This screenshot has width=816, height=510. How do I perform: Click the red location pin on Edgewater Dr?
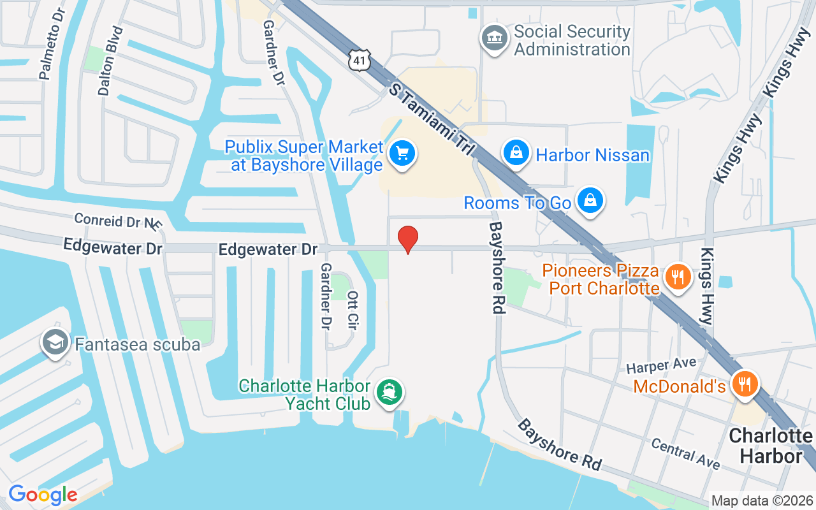tap(408, 239)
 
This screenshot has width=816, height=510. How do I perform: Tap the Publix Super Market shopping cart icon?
tap(402, 154)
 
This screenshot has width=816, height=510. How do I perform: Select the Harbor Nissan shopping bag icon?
tap(516, 153)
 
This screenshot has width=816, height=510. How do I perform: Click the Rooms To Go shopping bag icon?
tap(590, 201)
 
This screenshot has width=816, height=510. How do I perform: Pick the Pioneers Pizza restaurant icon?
tap(677, 277)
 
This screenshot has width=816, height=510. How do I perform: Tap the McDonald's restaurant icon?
tap(744, 384)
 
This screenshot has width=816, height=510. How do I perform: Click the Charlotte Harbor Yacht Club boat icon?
tap(389, 391)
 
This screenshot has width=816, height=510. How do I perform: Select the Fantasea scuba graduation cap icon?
tap(55, 343)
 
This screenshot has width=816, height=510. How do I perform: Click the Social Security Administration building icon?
tap(494, 38)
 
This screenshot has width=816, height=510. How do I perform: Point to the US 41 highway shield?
tap(360, 58)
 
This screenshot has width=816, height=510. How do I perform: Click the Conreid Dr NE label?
tap(118, 221)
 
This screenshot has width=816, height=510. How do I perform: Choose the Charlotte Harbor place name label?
tap(770, 446)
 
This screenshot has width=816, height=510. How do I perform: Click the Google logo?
tap(43, 494)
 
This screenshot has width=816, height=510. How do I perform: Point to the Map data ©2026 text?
tap(762, 501)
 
